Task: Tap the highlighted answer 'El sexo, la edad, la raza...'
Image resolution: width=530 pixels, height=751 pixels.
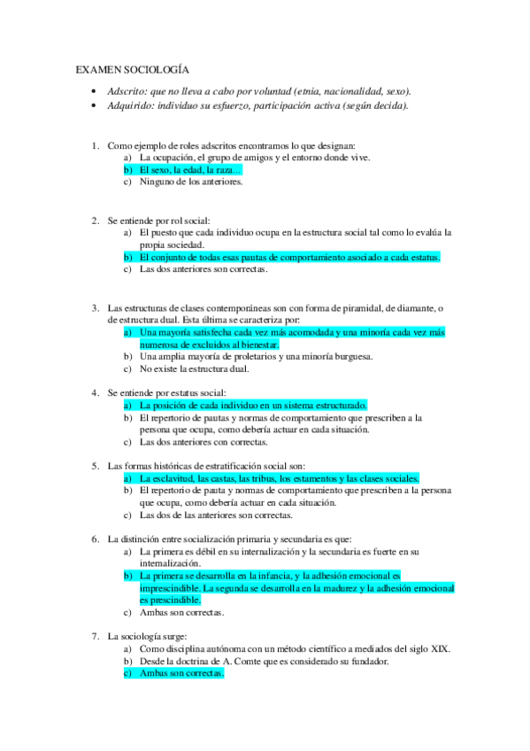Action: click(x=190, y=170)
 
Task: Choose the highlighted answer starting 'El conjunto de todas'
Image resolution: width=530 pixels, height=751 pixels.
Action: click(x=289, y=257)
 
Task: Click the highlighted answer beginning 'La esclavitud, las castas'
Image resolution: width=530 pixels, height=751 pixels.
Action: click(x=279, y=477)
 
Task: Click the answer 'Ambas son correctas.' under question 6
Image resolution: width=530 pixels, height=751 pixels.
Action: click(x=181, y=612)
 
